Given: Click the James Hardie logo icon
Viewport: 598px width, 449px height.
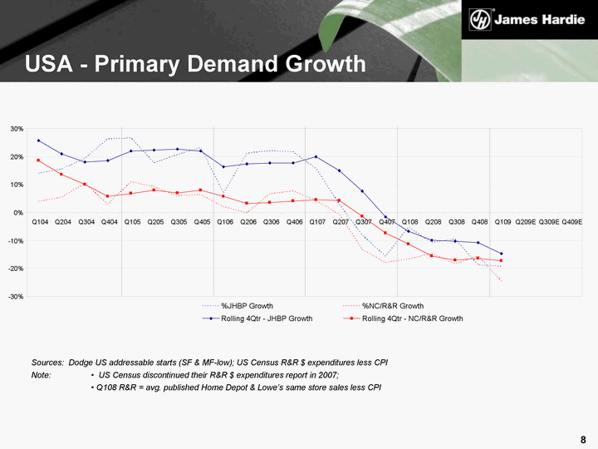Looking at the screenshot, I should coord(480,19).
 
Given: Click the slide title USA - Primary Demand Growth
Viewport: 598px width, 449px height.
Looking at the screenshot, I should coord(195,63).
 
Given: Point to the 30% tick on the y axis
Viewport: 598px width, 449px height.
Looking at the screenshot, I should coord(17,129).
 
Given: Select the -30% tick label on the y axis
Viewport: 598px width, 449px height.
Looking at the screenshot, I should coord(16,297).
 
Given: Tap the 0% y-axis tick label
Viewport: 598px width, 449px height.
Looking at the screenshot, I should coord(18,213).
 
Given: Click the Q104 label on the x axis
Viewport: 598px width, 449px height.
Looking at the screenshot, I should coord(39,222).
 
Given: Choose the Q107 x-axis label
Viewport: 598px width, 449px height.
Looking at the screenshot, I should coord(317,222).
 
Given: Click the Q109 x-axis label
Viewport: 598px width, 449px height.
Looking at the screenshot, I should coord(502,222).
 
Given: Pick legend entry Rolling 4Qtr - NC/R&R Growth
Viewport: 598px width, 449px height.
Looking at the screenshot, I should coord(413,318).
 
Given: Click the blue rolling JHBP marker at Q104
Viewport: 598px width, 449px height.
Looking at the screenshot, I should coord(39,141).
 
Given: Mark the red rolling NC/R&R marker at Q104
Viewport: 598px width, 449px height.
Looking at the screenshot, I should coord(39,160).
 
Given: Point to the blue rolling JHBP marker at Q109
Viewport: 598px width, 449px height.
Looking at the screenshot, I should coord(502,254).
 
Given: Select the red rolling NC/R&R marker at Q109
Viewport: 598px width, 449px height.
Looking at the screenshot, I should coord(502,261).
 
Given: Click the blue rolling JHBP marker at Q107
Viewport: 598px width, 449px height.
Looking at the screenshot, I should coord(316,156).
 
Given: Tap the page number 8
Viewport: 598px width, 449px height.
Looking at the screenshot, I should coord(584,438).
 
